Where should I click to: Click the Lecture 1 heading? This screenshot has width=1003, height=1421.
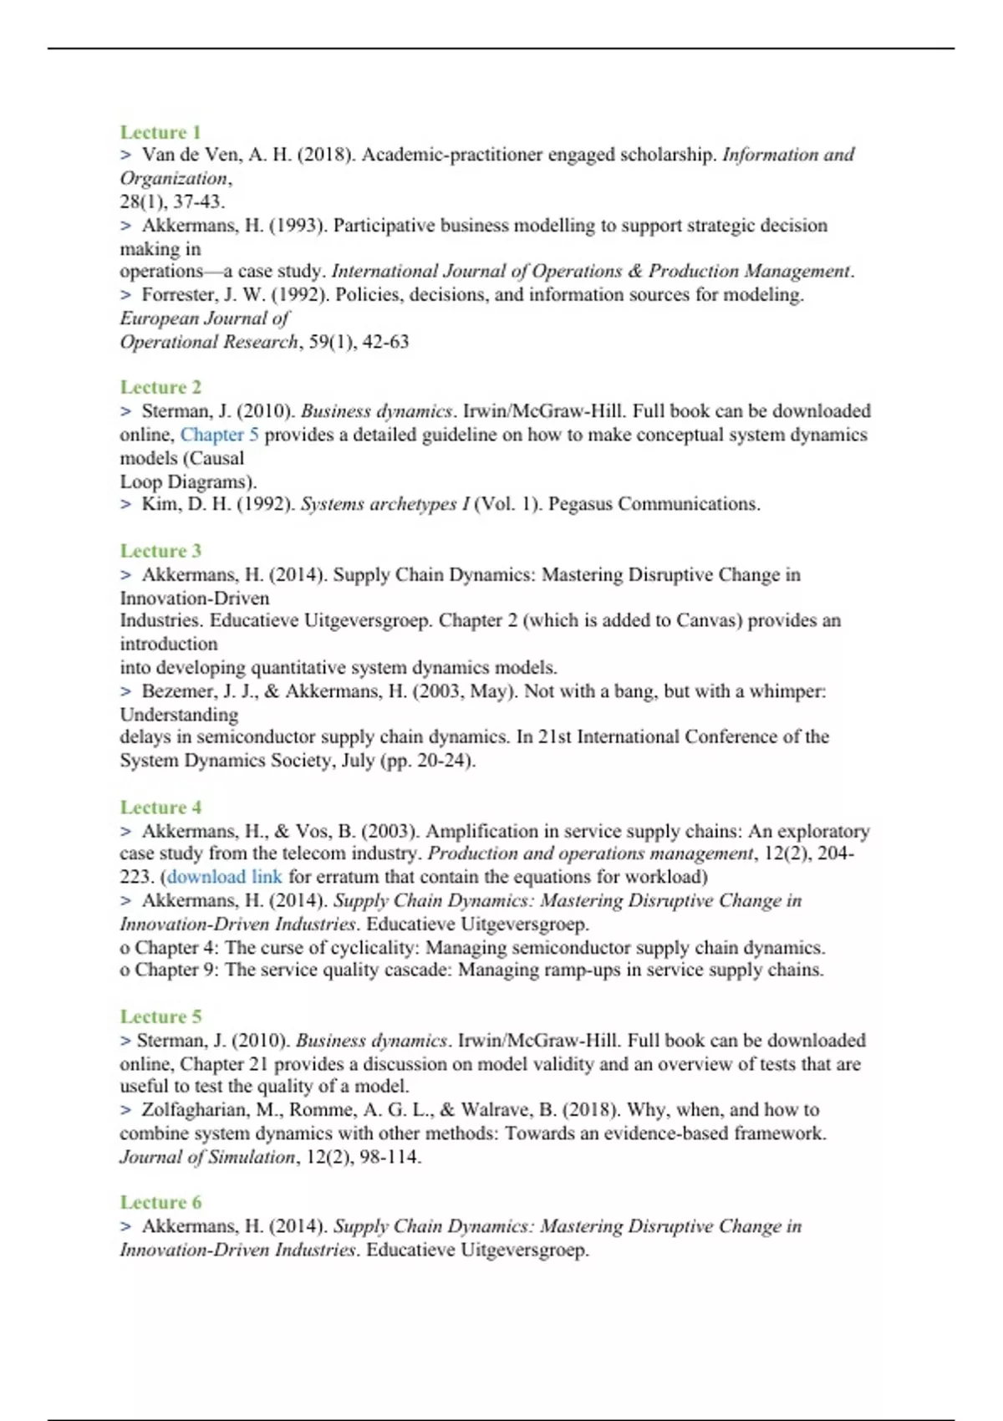tap(160, 132)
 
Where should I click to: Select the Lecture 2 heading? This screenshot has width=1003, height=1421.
tap(160, 387)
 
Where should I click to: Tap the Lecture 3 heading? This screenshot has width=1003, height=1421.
tap(160, 551)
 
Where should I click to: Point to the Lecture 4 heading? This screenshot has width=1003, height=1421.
tap(160, 807)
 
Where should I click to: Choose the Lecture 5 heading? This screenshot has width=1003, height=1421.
tap(160, 1016)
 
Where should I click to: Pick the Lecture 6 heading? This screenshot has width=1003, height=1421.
tap(160, 1202)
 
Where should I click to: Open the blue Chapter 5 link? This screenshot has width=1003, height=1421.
tap(220, 435)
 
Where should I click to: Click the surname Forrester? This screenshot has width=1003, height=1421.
tap(176, 295)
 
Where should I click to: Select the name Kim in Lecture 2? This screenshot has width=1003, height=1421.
tap(157, 504)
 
